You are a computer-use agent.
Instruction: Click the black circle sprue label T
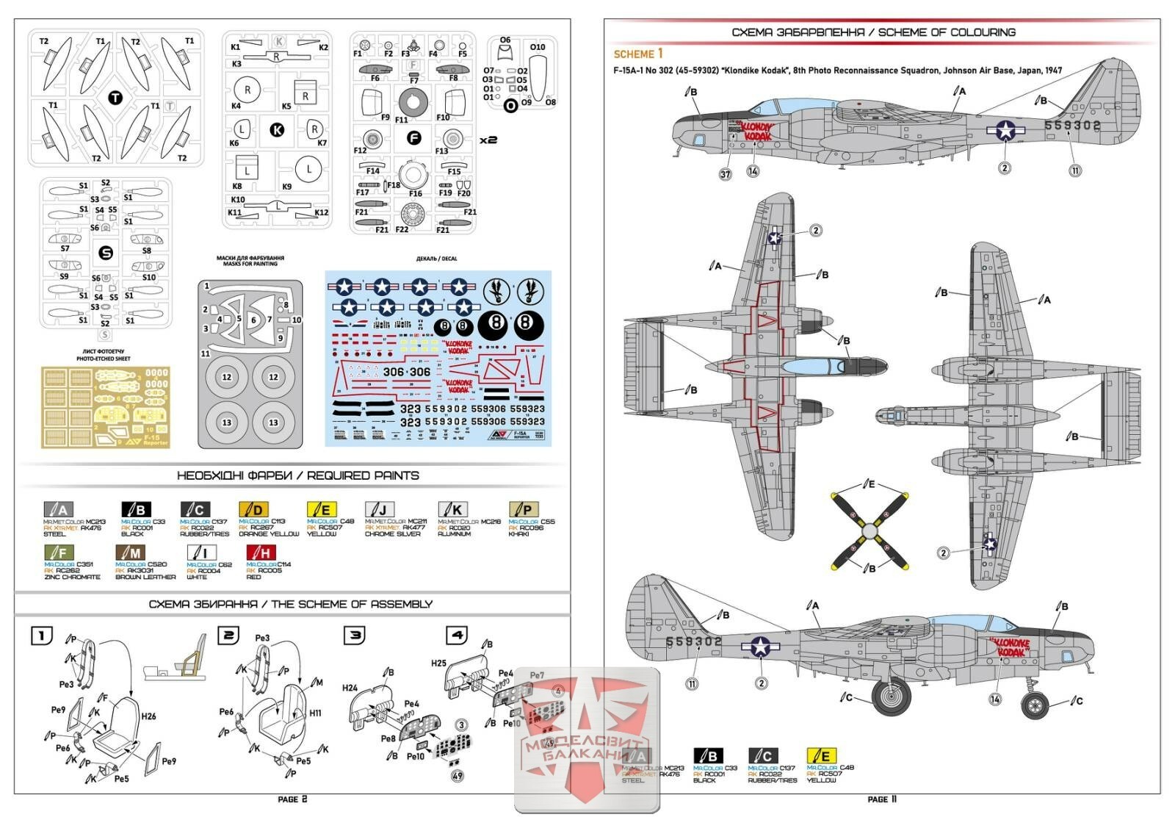[x=115, y=98]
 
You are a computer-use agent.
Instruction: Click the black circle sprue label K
[x=277, y=130]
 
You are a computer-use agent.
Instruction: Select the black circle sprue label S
[x=106, y=253]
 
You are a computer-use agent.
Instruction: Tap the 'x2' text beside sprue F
[x=488, y=139]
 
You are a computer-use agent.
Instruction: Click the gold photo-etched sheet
[x=105, y=407]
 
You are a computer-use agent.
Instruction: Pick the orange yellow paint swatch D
[x=253, y=509]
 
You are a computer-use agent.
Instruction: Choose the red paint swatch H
[x=261, y=552]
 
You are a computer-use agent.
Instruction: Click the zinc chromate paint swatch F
[x=59, y=552]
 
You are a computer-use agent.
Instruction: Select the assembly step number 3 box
[x=355, y=634]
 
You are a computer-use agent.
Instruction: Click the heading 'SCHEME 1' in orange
[x=638, y=54]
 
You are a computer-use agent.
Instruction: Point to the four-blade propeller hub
[x=869, y=529]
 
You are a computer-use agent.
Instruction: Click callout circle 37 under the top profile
[x=726, y=174]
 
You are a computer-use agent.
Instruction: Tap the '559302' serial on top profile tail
[x=1073, y=126]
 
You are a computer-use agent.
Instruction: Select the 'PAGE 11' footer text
[x=882, y=799]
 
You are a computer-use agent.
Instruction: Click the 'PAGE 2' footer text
[x=292, y=799]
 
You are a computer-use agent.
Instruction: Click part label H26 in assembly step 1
[x=148, y=716]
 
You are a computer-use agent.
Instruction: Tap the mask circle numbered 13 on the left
[x=227, y=422]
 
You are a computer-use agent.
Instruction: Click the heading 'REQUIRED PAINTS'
[x=297, y=475]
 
